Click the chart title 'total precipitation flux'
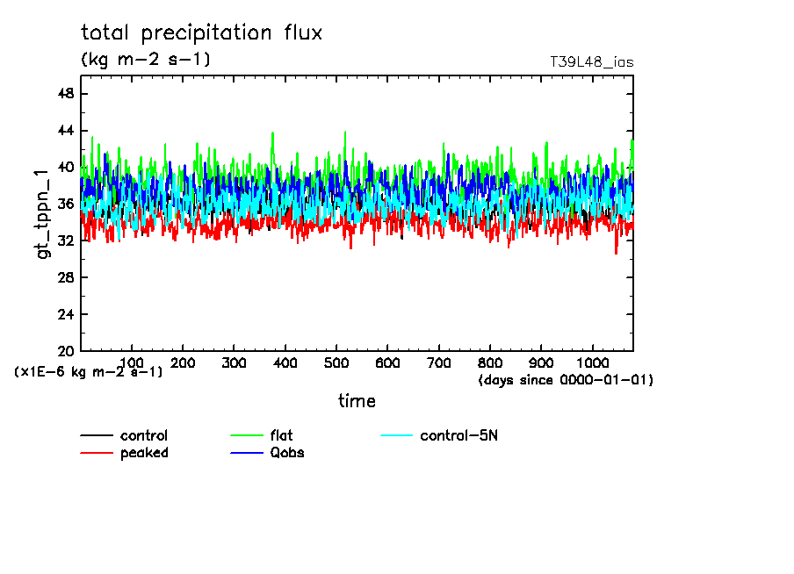click(x=202, y=33)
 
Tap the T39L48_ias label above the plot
click(x=591, y=62)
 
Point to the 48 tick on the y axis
click(x=65, y=94)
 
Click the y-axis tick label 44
click(x=65, y=131)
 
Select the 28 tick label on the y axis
click(x=65, y=277)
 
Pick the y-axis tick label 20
click(x=65, y=351)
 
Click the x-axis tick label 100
click(x=132, y=362)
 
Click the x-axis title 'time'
click(x=357, y=401)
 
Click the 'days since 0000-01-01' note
click(x=566, y=380)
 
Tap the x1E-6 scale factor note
click(x=89, y=372)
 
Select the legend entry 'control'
click(x=144, y=436)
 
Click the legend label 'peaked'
click(x=144, y=453)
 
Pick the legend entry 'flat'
click(x=282, y=436)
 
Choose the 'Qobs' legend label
click(x=287, y=453)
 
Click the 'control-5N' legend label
click(x=459, y=436)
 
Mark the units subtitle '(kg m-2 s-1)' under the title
click(x=146, y=60)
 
